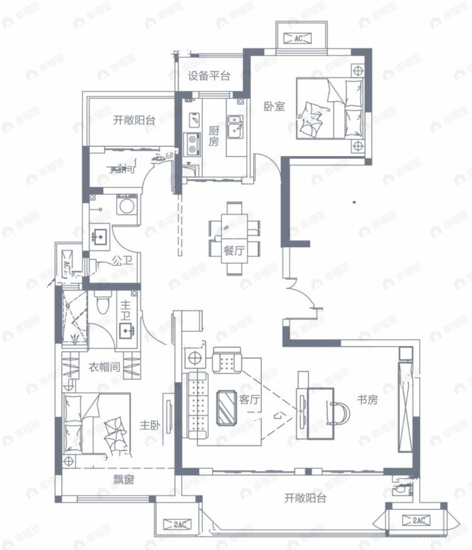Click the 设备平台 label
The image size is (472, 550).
point(209,76)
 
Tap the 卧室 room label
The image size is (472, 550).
point(275,106)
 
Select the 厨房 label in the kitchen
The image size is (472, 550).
point(214,136)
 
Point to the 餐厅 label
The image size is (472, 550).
point(234,251)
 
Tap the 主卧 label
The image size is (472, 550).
point(150,425)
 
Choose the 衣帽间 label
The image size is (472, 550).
point(104,366)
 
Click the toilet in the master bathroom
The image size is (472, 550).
point(102,303)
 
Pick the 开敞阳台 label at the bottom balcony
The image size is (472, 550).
point(305,499)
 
